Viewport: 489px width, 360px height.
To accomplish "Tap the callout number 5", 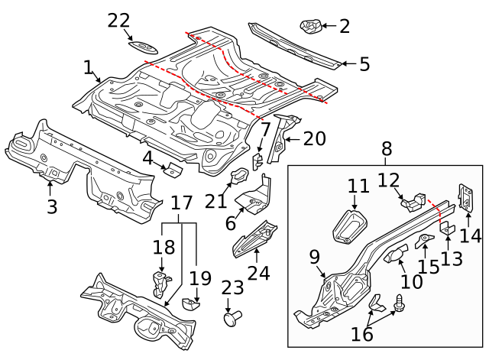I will (364, 64).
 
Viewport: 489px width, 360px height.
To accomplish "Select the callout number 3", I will (51, 206).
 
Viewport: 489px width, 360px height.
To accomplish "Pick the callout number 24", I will (259, 271).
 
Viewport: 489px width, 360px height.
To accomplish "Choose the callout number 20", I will (314, 138).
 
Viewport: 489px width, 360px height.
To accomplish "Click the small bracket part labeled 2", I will (310, 27).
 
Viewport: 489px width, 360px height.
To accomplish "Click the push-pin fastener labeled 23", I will (231, 317).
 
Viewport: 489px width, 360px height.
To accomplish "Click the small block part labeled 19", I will (190, 305).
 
